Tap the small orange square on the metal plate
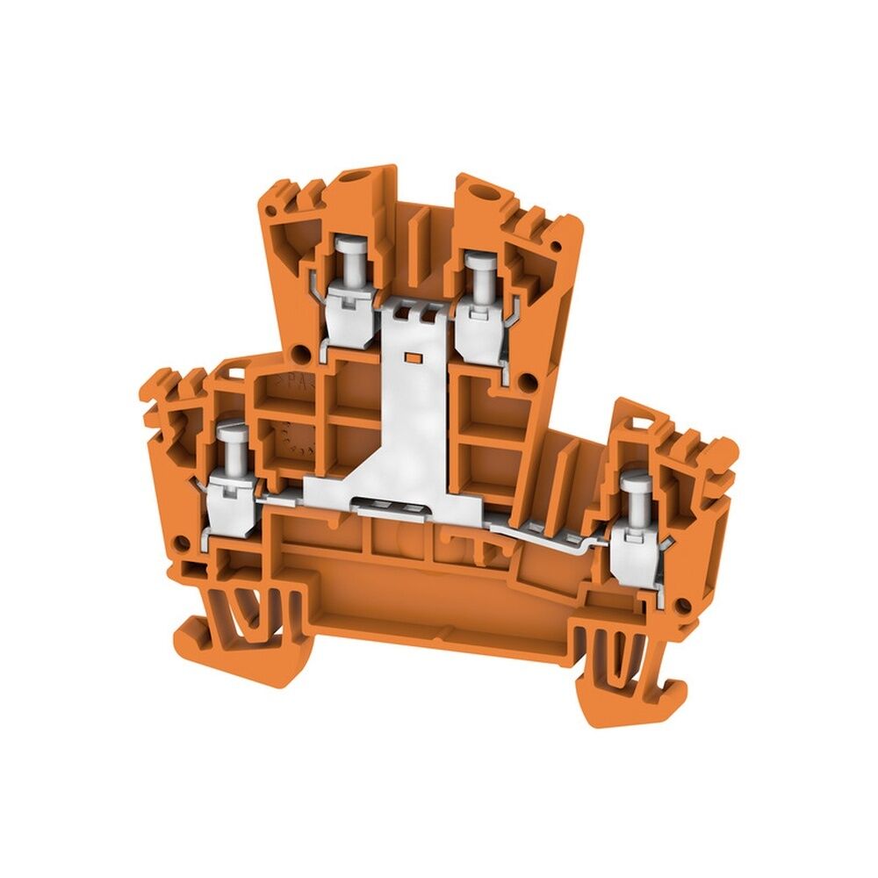[x=409, y=357]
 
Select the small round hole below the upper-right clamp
[x=528, y=380]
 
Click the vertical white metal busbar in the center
[x=413, y=413]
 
